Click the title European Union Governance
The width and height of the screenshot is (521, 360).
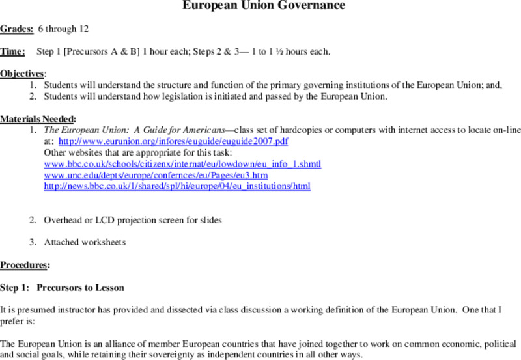point(263,7)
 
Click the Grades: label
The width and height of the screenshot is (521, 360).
point(17,29)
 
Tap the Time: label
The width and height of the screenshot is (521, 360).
point(13,51)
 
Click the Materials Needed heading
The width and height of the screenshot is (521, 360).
point(37,118)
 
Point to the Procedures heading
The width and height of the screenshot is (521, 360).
point(24,265)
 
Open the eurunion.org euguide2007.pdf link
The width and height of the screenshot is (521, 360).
point(173,141)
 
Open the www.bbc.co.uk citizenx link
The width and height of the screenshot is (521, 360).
point(182,163)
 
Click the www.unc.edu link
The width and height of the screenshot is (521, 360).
point(156,175)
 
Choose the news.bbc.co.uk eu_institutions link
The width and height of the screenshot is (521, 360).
point(177,186)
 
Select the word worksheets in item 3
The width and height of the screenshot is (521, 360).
point(105,242)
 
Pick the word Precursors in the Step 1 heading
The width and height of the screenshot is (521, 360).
point(58,287)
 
